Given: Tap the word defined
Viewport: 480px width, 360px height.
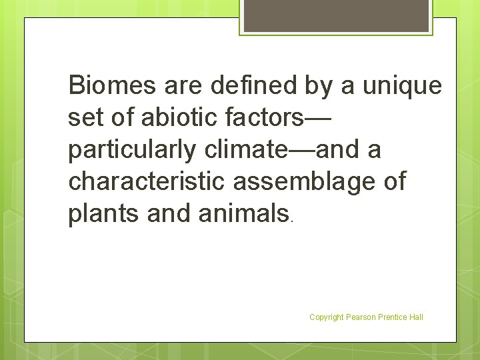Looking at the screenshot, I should pos(241,86).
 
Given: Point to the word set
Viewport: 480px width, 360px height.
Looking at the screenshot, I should pos(85,118).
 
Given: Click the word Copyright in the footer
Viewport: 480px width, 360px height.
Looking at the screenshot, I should pos(326,317).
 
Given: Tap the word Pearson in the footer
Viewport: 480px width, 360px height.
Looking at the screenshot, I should pos(361,317).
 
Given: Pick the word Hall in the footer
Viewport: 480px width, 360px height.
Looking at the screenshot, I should pos(417,317).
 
